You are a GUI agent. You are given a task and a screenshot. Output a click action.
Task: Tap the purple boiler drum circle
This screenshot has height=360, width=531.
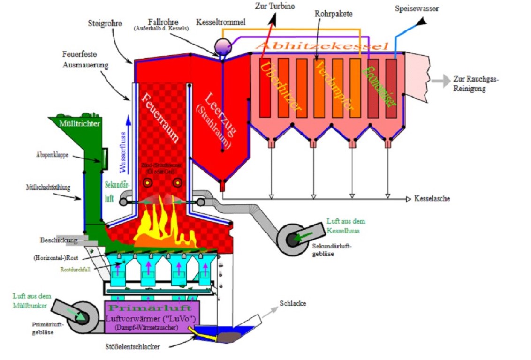point(220,45)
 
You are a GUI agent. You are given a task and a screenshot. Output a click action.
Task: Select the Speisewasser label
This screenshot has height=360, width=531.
point(417,8)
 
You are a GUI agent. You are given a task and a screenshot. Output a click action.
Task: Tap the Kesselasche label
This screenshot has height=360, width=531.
point(432,199)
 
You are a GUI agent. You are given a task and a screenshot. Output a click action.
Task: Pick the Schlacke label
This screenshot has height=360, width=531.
point(293,303)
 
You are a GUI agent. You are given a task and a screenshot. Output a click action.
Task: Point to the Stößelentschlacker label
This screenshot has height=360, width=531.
point(132,347)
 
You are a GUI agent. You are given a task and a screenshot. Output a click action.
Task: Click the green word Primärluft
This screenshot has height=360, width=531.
point(150,308)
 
